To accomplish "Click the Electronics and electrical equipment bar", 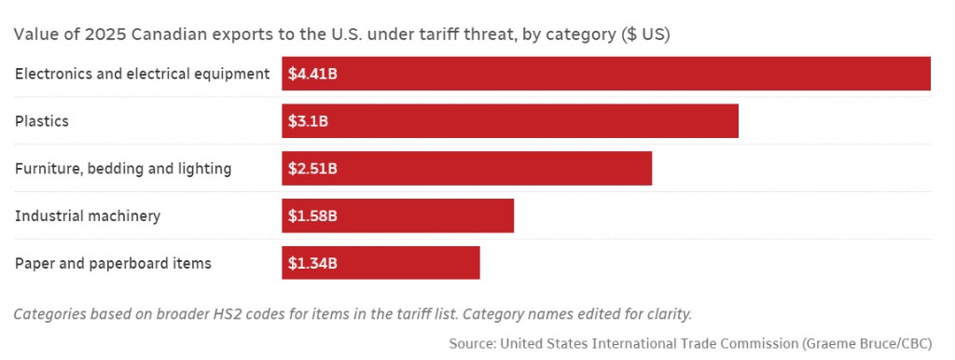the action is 606,74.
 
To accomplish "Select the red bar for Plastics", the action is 510,120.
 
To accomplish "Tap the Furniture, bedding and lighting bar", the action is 466,168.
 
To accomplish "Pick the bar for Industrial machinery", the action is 397,215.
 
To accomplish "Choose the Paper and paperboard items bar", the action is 381,263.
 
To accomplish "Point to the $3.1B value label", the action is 308,122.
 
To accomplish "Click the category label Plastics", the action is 41,121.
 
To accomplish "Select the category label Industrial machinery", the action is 88,216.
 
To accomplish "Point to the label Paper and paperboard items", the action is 113,264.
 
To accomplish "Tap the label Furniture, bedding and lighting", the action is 123,169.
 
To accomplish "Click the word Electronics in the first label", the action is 52,75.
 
